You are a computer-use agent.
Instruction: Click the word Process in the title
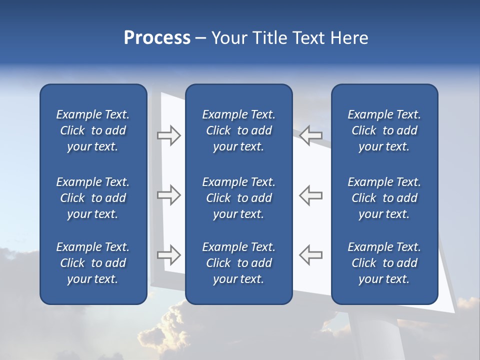pyautogui.click(x=157, y=38)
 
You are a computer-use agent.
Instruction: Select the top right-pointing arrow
pyautogui.click(x=169, y=135)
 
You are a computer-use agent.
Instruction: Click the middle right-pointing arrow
pyautogui.click(x=169, y=195)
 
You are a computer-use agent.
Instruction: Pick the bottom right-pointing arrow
pyautogui.click(x=169, y=255)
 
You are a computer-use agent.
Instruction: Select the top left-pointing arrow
pyautogui.click(x=311, y=135)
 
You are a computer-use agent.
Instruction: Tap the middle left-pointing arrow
pyautogui.click(x=311, y=195)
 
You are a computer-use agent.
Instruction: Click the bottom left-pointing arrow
pyautogui.click(x=311, y=255)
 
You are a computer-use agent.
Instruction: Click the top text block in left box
pyautogui.click(x=93, y=130)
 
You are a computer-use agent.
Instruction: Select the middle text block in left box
pyautogui.click(x=93, y=198)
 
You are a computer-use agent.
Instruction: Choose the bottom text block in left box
pyautogui.click(x=93, y=263)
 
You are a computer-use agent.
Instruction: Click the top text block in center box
pyautogui.click(x=238, y=130)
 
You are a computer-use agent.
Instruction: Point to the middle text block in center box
pyautogui.click(x=238, y=198)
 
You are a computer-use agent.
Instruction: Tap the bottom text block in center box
pyautogui.click(x=238, y=263)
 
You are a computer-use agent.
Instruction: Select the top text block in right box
pyautogui.click(x=384, y=130)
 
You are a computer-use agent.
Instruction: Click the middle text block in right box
pyautogui.click(x=384, y=198)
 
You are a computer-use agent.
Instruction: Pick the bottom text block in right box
pyautogui.click(x=384, y=263)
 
